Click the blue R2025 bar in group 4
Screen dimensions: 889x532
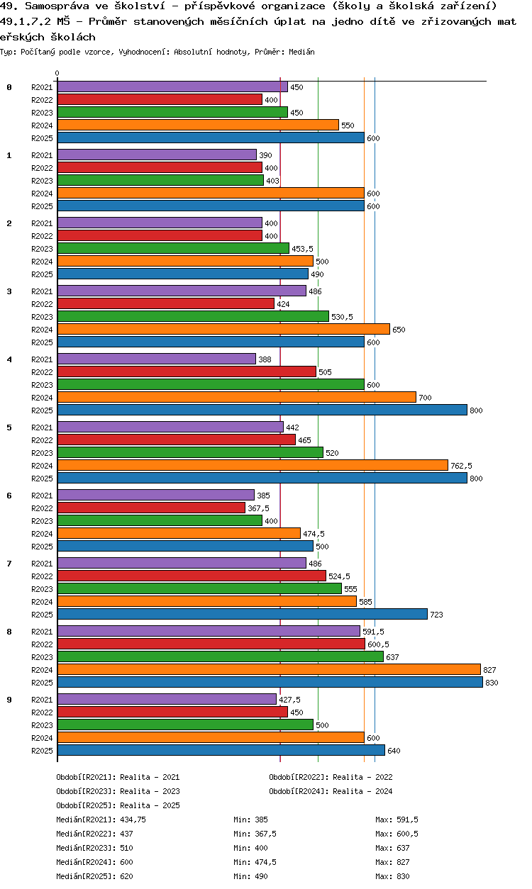pos(262,410)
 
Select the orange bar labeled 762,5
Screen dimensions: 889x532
pos(253,465)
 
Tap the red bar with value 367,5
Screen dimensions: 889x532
pos(151,508)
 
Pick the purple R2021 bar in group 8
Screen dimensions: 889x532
pos(209,631)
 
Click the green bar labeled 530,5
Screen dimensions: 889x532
pos(193,316)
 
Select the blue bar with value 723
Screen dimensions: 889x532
pos(242,614)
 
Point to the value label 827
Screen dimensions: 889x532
pos(489,670)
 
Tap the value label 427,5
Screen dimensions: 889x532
pos(289,700)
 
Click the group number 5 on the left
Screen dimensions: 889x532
pos(9,427)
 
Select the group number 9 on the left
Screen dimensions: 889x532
pos(9,700)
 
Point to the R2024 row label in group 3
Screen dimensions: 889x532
pos(42,330)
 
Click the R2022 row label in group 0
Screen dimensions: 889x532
pos(42,100)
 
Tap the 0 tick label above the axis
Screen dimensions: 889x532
pos(57,73)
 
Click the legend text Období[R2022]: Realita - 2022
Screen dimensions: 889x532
pos(331,777)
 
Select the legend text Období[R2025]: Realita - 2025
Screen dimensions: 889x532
pos(118,805)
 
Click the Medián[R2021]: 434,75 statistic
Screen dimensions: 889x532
pos(101,820)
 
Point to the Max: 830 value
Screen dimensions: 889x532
pos(392,876)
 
